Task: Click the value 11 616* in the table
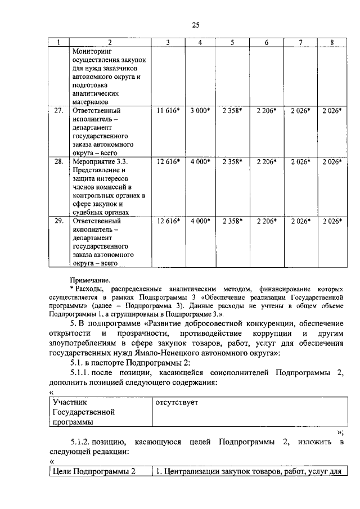tap(168, 111)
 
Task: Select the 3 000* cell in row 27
tap(199, 111)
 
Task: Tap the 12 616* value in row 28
tap(168, 161)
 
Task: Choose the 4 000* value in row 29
tap(199, 220)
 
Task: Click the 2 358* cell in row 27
tap(231, 111)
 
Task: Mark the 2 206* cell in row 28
tap(266, 161)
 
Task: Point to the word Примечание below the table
tap(90, 279)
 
